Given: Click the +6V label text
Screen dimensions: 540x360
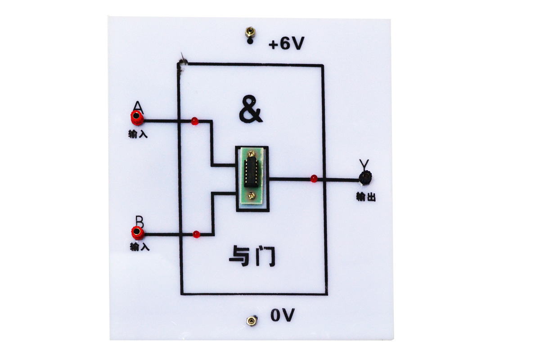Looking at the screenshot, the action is (286, 43).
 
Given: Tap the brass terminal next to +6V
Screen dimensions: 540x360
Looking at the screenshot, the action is (250, 32).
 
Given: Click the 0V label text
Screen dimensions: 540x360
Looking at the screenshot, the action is (283, 315).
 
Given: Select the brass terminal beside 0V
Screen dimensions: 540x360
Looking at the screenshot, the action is (252, 321).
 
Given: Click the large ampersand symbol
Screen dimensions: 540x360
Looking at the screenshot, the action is (251, 109).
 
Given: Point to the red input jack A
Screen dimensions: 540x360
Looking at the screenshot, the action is (137, 117).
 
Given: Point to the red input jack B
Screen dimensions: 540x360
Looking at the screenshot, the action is (138, 232).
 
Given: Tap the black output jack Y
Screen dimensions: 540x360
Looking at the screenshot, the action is (365, 178).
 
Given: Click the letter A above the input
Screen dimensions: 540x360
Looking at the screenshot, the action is (138, 108).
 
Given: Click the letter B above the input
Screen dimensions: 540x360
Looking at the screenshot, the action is (139, 222).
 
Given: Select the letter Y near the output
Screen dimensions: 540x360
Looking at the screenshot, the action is (364, 164).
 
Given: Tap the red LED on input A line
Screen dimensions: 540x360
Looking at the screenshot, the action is (194, 121).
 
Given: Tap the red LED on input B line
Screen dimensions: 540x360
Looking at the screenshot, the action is (196, 234).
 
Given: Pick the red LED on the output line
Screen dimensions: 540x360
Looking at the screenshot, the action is (314, 179).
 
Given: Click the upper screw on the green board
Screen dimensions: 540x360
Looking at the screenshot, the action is (252, 153).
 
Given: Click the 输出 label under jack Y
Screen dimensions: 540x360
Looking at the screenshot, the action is (366, 197).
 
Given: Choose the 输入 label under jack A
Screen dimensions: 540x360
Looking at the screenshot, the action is (138, 134).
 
